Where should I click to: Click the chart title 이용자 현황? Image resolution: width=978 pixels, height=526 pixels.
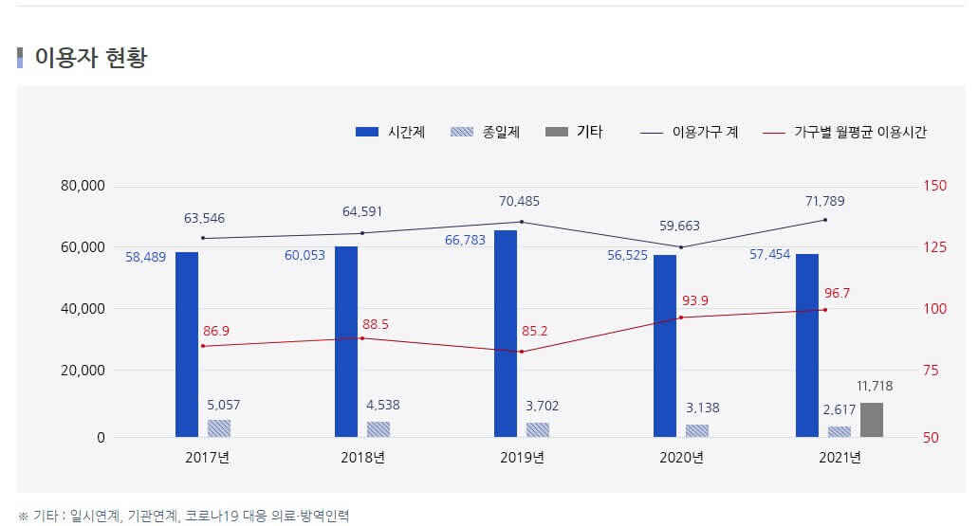[90, 58]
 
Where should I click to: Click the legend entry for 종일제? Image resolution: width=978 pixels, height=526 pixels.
[485, 133]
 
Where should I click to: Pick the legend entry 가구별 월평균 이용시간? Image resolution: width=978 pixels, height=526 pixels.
[845, 133]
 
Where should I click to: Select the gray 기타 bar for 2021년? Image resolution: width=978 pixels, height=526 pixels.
[872, 420]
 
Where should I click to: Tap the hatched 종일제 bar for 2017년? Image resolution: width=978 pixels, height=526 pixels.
[219, 428]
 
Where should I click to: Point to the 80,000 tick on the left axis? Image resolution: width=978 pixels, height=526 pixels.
[82, 186]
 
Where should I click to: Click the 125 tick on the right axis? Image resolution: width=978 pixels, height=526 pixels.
[934, 247]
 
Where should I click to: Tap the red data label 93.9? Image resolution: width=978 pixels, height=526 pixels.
[694, 300]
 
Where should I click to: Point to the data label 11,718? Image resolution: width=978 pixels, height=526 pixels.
[874, 386]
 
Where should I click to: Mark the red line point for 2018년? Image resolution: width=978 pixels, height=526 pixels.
[361, 338]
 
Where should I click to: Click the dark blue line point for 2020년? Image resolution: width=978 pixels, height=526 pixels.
[681, 247]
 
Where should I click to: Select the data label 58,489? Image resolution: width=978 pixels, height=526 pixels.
[145, 256]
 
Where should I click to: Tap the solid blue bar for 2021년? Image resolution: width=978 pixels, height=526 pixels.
[807, 345]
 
